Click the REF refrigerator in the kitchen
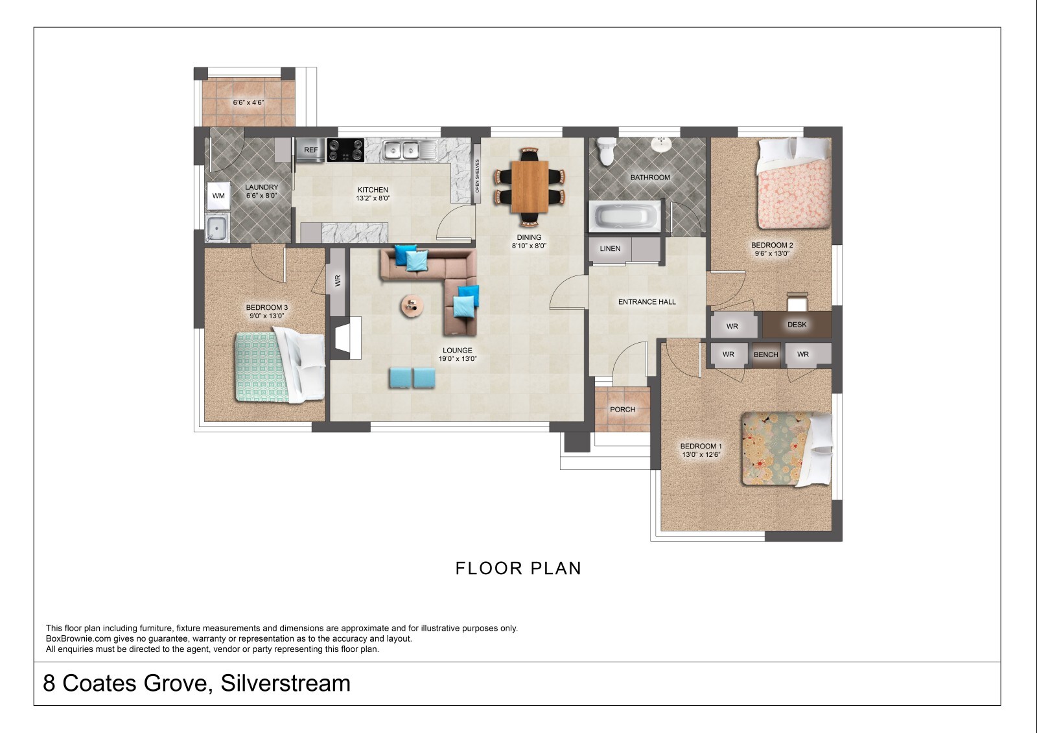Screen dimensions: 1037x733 [x=310, y=150]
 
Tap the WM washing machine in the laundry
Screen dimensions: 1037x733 [x=218, y=196]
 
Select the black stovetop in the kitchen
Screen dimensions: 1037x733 [x=345, y=150]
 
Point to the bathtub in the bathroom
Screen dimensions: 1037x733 [x=625, y=216]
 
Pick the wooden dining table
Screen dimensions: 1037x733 [x=530, y=186]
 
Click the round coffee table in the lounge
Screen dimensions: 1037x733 [x=412, y=306]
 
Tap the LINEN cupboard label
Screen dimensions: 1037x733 [x=610, y=249]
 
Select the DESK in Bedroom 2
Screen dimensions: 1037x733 [x=797, y=325]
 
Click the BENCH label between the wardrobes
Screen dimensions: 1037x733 [x=765, y=355]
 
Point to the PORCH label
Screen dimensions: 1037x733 [x=622, y=410]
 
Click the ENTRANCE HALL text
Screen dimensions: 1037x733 [x=647, y=302]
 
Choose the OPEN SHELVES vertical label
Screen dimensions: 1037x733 [x=477, y=176]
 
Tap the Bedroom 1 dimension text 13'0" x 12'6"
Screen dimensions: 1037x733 [x=701, y=455]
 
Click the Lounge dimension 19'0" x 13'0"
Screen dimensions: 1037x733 [x=458, y=359]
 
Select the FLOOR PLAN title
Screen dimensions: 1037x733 [x=518, y=568]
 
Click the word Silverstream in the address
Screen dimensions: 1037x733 [x=285, y=683]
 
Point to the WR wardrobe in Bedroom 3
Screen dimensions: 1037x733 [x=338, y=281]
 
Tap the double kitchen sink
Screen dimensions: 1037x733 [x=401, y=150]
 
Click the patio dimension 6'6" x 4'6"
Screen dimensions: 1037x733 [x=248, y=102]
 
